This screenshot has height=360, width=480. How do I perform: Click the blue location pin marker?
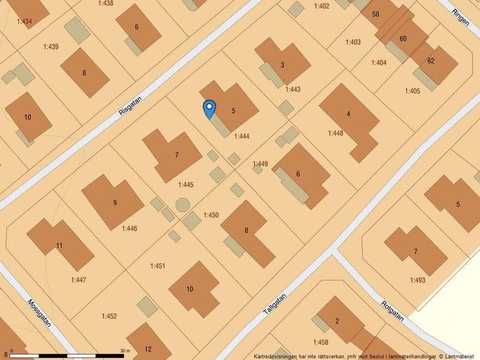click(209, 109)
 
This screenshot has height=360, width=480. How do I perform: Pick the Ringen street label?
click(460, 16)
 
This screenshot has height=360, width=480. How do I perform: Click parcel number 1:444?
click(241, 137)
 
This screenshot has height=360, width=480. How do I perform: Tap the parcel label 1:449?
click(260, 164)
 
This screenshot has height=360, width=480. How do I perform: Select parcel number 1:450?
click(211, 215)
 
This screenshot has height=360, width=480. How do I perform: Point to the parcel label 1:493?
click(417, 280)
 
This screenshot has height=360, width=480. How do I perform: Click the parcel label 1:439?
click(51, 47)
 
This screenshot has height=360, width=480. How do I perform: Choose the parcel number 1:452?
click(109, 316)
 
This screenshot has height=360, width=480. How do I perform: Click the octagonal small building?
click(182, 204)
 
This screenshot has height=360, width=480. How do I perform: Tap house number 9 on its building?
click(115, 202)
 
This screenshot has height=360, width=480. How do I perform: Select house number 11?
click(59, 245)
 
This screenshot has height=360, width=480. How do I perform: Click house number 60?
click(403, 39)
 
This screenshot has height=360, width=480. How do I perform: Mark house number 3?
click(283, 65)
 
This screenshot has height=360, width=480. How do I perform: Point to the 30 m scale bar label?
click(125, 351)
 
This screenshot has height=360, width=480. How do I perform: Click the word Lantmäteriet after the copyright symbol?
click(460, 356)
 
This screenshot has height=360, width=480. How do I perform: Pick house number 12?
click(148, 349)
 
